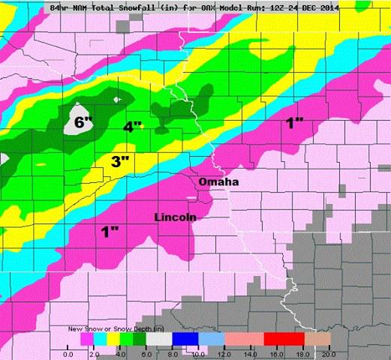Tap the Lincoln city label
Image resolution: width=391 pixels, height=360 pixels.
click(175, 217)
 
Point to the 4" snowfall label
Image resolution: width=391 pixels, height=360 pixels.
click(133, 127)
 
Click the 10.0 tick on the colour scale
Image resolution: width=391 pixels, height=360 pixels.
click(199, 352)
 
